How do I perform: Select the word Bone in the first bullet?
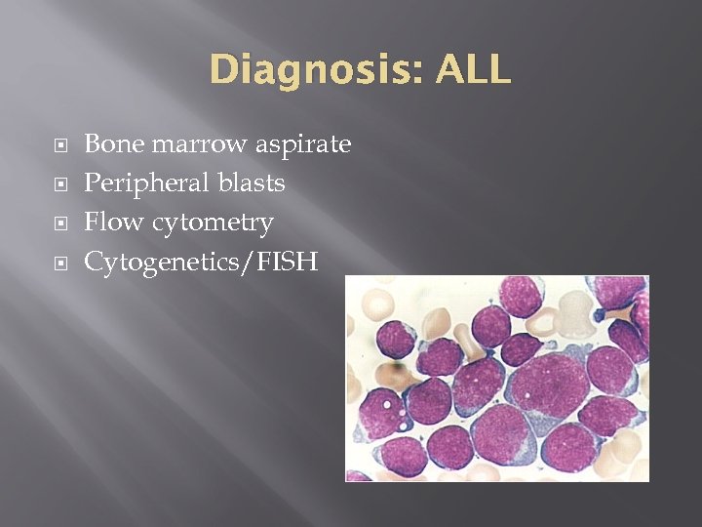[113, 144]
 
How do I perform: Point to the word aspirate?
[303, 145]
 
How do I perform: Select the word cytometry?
[210, 223]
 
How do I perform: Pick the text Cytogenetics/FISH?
[201, 262]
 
